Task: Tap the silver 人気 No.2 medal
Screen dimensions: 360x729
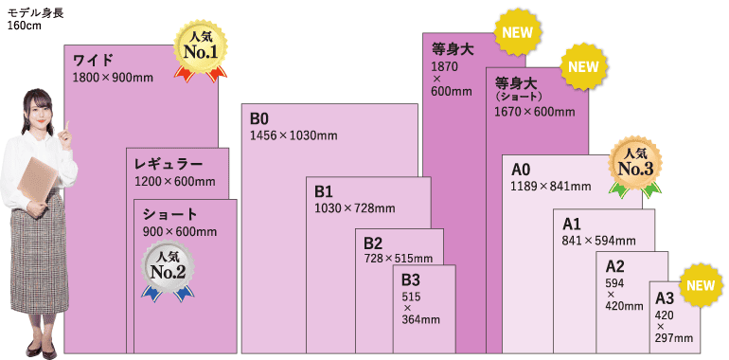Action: point(168,266)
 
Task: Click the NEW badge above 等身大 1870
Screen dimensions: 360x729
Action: point(517,32)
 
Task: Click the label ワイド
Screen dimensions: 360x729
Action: point(93,61)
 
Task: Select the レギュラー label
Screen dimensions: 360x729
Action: point(169,165)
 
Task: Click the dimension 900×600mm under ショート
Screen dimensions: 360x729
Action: point(179,232)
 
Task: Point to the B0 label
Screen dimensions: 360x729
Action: point(259,118)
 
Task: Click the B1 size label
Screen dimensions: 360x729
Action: point(324,191)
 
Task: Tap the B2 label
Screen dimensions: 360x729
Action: point(373,243)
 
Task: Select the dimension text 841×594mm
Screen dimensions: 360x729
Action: point(597,241)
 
